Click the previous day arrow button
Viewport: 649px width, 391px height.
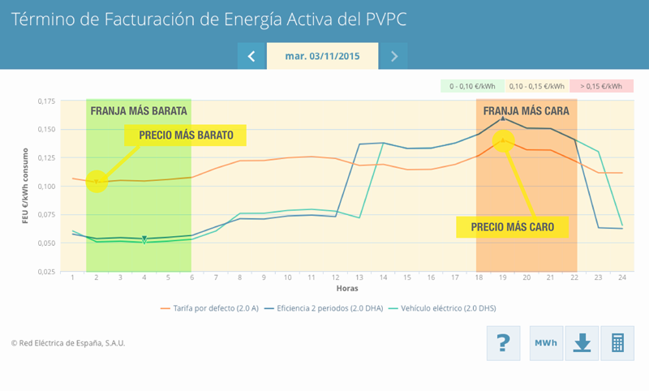pyautogui.click(x=251, y=56)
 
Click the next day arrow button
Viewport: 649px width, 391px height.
pyautogui.click(x=393, y=56)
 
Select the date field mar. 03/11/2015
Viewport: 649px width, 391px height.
pyautogui.click(x=322, y=56)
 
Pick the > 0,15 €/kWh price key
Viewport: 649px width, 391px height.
pyautogui.click(x=601, y=86)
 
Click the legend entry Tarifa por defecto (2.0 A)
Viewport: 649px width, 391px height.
pyautogui.click(x=212, y=308)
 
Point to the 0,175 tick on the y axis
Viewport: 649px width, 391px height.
pyautogui.click(x=46, y=101)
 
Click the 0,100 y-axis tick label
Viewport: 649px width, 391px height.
pyautogui.click(x=46, y=187)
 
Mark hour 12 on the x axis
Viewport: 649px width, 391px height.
pyautogui.click(x=335, y=278)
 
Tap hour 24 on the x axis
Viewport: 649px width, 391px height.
pyautogui.click(x=622, y=278)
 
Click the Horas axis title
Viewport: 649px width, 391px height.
pyautogui.click(x=347, y=289)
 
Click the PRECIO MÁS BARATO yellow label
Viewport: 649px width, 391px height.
pyautogui.click(x=186, y=135)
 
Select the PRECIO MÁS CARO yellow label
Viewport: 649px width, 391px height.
pyautogui.click(x=512, y=227)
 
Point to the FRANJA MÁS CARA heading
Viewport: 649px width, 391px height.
pyautogui.click(x=526, y=111)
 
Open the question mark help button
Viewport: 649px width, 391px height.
pyautogui.click(x=503, y=343)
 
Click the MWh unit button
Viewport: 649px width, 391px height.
pyautogui.click(x=545, y=343)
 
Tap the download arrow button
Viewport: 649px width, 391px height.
pyautogui.click(x=582, y=343)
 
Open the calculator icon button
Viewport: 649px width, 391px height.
pyautogui.click(x=617, y=343)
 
